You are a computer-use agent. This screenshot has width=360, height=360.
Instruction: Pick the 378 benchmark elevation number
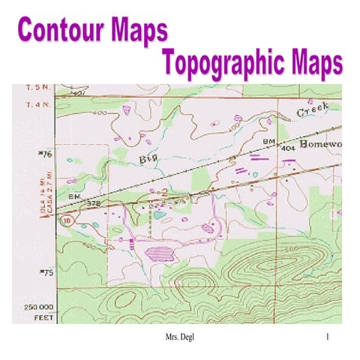tap(94, 202)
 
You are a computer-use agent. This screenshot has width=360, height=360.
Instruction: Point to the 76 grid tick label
tap(44, 155)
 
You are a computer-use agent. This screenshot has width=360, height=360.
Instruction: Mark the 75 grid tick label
tap(44, 274)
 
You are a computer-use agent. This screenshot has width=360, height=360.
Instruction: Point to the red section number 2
tap(163, 193)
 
